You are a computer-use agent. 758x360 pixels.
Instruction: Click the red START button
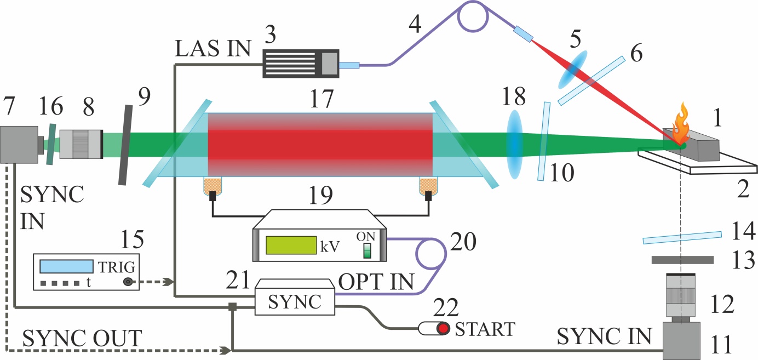point(443,329)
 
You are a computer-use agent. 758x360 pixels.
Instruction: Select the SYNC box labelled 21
point(295,300)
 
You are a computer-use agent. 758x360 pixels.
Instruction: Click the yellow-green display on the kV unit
point(290,245)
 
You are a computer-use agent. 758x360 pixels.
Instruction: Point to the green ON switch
point(368,250)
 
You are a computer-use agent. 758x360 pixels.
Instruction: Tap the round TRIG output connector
point(128,282)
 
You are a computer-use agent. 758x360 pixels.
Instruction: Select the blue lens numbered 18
point(514,144)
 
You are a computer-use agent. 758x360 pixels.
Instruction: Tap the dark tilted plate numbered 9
point(127,145)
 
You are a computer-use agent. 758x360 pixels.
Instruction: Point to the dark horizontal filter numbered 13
point(682,259)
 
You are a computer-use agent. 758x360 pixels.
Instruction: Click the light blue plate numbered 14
point(682,237)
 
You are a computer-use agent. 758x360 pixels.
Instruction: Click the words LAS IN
point(213,49)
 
